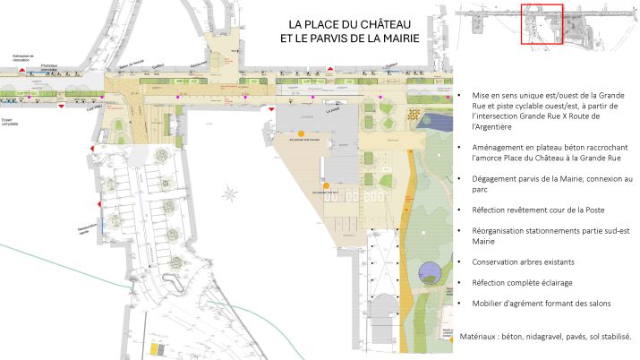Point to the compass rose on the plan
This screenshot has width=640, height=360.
point(232,192)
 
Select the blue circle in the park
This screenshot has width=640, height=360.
point(430,272)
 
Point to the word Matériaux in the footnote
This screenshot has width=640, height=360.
point(477,339)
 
